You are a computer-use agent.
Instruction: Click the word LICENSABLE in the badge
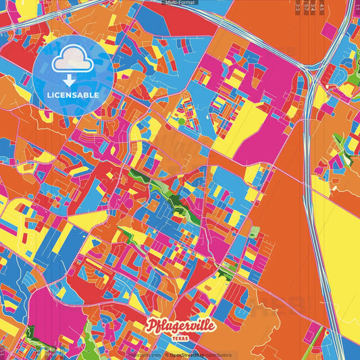pos(73,95)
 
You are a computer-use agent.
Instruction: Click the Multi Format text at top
pos(180,3)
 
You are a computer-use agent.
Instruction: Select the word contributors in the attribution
pos(220,355)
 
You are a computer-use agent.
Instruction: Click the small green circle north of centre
pos(181,122)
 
